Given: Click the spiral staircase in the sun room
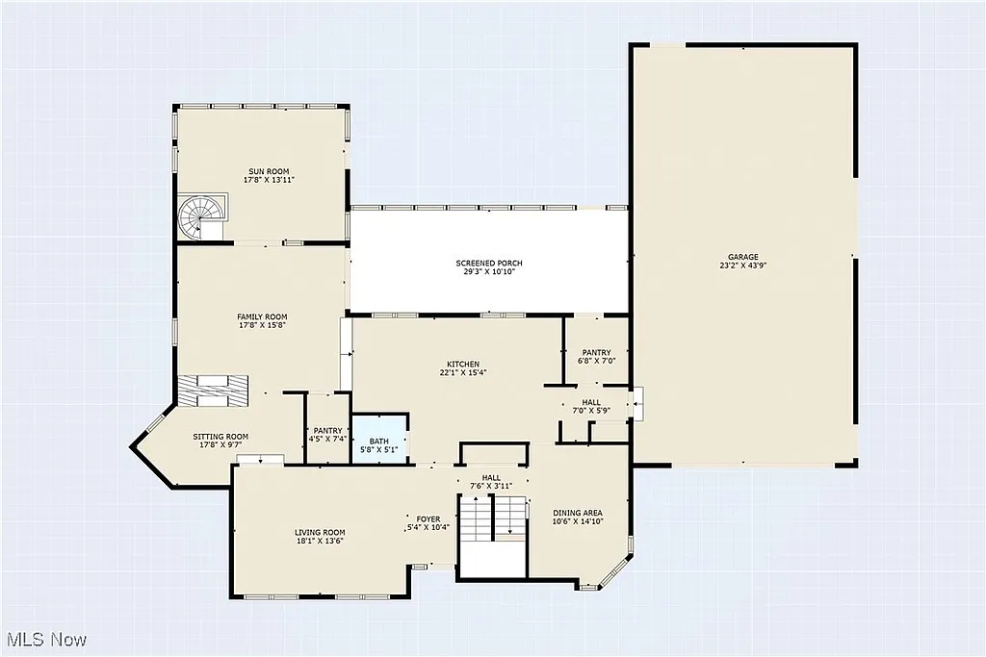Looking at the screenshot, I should [203, 215].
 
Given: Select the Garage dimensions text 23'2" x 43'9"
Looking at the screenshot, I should [742, 265].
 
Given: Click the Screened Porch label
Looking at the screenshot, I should [489, 264].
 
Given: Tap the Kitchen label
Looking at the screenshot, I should [462, 364].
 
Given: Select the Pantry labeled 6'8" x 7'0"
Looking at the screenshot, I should [595, 357].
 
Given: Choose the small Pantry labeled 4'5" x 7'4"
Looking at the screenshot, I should [328, 435].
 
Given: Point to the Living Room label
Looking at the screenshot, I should [320, 532].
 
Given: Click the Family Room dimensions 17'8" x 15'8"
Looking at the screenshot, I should [263, 325].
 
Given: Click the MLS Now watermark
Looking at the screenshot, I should [46, 640].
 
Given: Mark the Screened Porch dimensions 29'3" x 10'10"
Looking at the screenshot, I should [489, 272].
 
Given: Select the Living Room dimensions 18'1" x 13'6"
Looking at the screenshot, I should [320, 541].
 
